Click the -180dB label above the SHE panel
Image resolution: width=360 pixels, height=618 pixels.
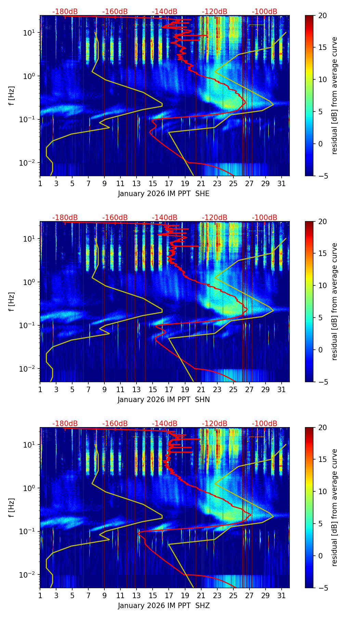point(65,12)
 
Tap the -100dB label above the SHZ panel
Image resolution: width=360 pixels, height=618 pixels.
point(265,424)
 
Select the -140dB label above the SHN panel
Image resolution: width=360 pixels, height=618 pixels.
point(165,218)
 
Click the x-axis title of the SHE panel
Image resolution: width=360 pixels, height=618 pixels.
point(164,194)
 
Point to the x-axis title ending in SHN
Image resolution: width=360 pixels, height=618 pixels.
point(164,400)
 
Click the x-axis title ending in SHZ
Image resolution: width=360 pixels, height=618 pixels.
point(164,606)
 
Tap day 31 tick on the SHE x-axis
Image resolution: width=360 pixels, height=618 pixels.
point(282,183)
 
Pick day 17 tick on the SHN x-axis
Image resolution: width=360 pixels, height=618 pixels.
point(169,389)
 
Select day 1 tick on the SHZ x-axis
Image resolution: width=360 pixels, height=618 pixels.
point(40,595)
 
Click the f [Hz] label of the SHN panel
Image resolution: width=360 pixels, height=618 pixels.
point(11,301)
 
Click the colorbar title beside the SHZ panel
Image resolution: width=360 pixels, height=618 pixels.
point(334,507)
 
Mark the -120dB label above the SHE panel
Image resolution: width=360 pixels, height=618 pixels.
point(215,12)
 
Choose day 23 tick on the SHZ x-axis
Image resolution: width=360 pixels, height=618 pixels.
point(217,595)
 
